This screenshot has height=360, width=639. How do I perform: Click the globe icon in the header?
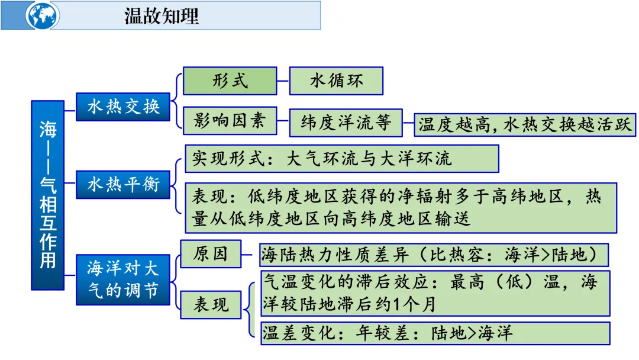point(42,15)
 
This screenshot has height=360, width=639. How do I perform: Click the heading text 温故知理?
point(162,16)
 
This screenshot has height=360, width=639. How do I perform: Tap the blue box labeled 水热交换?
point(123,108)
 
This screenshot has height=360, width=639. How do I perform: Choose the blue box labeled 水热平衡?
point(123,184)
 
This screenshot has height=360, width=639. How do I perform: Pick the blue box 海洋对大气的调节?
point(123,279)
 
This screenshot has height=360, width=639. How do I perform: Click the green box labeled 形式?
point(230,81)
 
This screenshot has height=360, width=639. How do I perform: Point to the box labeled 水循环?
point(336,81)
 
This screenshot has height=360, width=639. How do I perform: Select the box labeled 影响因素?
point(230,121)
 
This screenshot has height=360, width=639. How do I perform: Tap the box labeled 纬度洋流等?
point(346,123)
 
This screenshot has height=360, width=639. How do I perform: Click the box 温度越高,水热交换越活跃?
point(524,124)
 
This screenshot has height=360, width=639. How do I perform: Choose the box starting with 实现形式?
point(341,159)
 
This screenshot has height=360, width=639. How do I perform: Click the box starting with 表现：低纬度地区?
point(401,207)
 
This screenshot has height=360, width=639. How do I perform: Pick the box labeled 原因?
point(211,254)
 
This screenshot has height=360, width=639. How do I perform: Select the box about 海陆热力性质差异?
point(434,255)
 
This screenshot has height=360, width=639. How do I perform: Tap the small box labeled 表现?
point(211,305)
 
